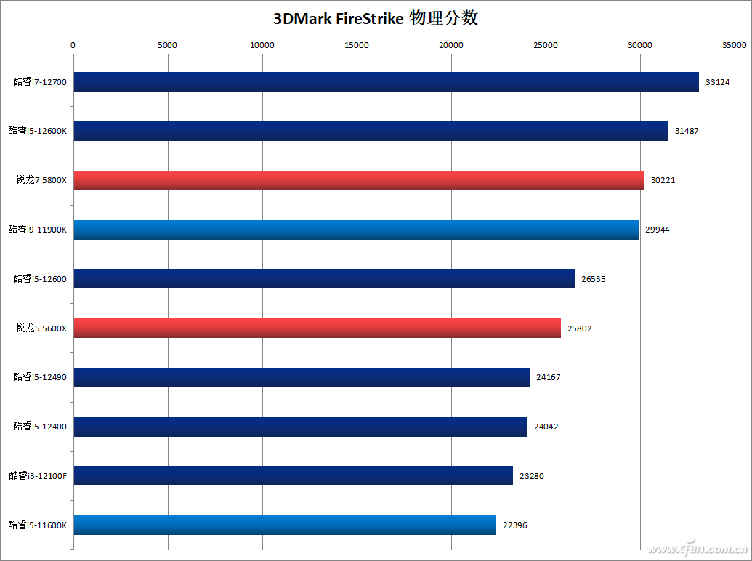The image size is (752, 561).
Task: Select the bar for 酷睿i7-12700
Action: pos(386,81)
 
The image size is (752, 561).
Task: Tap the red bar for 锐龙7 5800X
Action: pos(359,180)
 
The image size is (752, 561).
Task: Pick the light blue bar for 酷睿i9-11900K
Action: pos(356,230)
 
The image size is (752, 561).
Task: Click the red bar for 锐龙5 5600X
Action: pos(317,328)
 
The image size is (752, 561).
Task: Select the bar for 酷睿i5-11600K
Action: pos(285,525)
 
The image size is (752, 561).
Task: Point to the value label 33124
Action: pos(717,82)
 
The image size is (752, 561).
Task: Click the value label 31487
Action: pos(687,131)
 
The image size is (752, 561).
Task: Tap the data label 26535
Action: pos(593,279)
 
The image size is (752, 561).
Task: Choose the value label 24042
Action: pos(546,427)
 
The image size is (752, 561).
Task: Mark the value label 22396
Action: pos(514,525)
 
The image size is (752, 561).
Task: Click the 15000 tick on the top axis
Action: pos(357,45)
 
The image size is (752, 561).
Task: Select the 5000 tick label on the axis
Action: pos(168,45)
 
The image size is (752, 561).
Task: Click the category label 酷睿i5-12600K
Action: pos(38,131)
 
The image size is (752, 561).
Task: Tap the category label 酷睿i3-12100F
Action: pos(38,476)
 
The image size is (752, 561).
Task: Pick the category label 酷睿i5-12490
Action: pos(40,377)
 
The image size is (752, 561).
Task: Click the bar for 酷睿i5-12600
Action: pos(324,278)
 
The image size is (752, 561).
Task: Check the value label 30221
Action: pos(663,180)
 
